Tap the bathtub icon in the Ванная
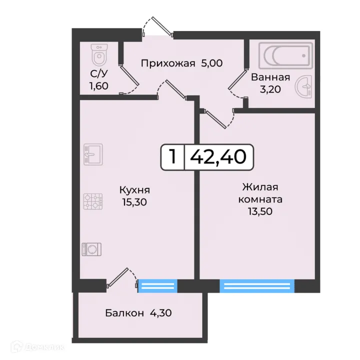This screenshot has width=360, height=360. click(x=285, y=55)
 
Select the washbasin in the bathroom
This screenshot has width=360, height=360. click(x=304, y=87)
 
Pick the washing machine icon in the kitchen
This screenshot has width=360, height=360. click(x=92, y=248)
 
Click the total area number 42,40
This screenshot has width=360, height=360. click(x=218, y=157)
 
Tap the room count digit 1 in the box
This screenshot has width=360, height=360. click(x=172, y=157)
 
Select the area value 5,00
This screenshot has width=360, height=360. click(x=211, y=63)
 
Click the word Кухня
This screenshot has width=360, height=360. click(x=134, y=190)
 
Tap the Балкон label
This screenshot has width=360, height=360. click(x=123, y=313)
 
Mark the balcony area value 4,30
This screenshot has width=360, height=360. click(x=161, y=313)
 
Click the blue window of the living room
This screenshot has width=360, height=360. click(x=257, y=286)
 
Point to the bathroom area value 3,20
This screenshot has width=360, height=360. click(x=270, y=90)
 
